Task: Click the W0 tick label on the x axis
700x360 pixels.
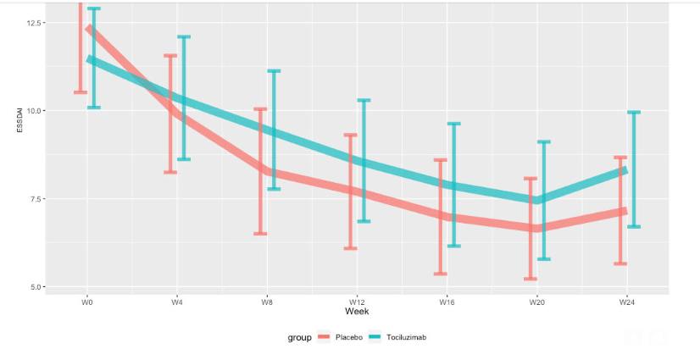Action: [86, 301]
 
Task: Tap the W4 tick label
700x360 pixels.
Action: [176, 301]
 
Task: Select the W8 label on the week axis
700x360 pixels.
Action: [266, 301]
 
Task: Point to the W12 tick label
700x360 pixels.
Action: [356, 301]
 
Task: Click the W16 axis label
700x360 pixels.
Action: [447, 301]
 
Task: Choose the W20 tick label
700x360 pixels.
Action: [536, 301]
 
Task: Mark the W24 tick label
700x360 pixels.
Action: [626, 301]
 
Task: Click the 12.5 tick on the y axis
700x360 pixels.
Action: [35, 22]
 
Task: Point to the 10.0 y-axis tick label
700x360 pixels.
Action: [35, 110]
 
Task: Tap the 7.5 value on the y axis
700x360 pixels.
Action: [36, 198]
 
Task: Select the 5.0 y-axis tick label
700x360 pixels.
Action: [36, 286]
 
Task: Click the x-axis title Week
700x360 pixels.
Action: [356, 312]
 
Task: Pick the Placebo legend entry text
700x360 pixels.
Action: [349, 337]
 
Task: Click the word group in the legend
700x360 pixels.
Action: [298, 337]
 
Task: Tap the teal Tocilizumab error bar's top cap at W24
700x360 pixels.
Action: [633, 112]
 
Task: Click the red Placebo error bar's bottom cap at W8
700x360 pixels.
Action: [260, 234]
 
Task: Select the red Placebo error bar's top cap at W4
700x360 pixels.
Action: [170, 56]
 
